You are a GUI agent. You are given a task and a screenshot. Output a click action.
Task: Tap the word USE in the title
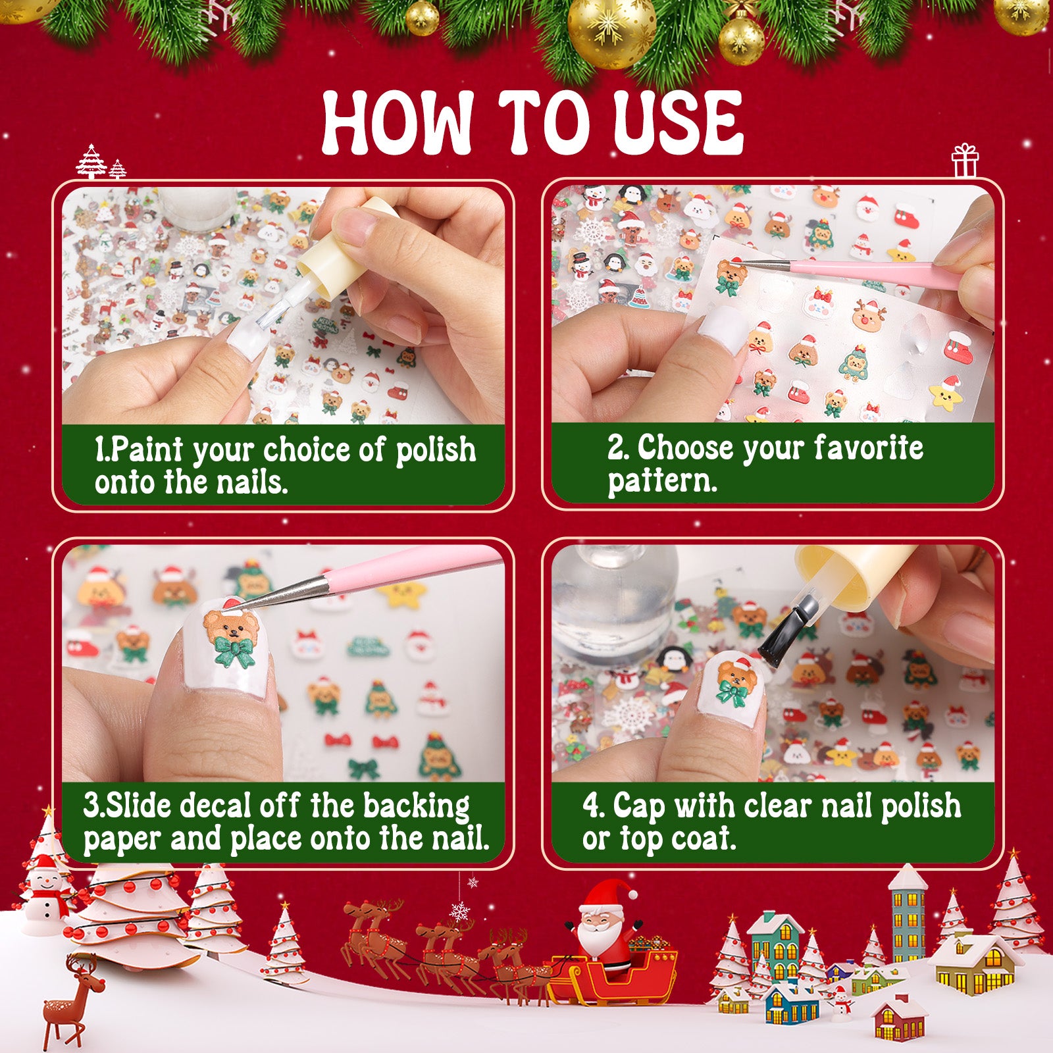[x=677, y=123]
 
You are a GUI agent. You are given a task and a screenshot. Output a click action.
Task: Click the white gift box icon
[x=965, y=160]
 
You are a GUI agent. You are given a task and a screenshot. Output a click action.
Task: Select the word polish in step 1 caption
[x=436, y=451]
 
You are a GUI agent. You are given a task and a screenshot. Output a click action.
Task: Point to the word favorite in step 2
[x=869, y=448]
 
